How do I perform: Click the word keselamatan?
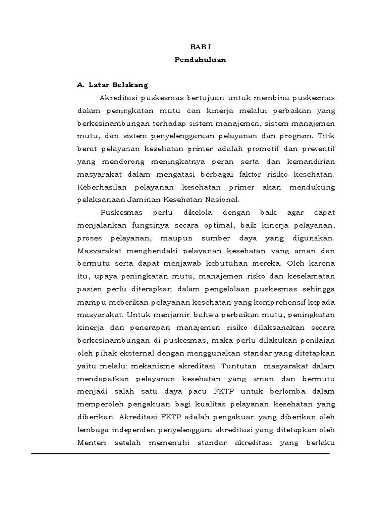tap(306, 277)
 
